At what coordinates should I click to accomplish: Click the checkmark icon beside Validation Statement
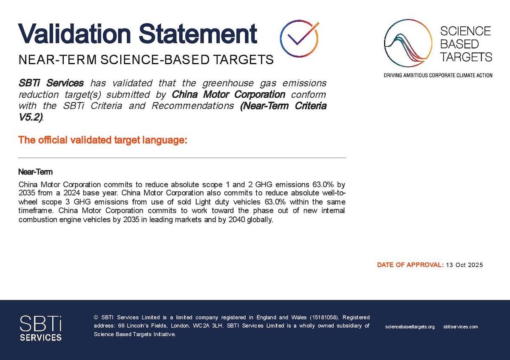299,39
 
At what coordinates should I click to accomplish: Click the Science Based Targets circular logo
408,43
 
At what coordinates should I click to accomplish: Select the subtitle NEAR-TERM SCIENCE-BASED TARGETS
146,60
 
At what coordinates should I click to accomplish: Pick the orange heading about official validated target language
103,140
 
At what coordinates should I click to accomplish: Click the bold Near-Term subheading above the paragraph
36,172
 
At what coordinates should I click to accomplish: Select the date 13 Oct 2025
465,265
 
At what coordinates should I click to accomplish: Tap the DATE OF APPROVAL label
410,265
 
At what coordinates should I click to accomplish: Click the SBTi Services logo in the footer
41,328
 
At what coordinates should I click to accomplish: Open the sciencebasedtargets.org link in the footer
410,327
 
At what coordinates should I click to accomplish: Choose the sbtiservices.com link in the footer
460,327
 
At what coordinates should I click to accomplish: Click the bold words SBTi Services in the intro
51,82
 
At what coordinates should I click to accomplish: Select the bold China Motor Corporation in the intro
228,94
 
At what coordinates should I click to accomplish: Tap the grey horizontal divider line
182,158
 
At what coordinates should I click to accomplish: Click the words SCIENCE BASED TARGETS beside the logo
465,44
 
